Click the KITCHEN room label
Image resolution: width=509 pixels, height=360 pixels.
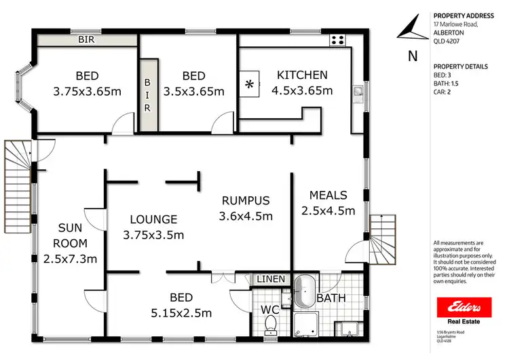tap(302, 75)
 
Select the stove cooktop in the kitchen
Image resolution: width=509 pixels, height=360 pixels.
tap(337, 40)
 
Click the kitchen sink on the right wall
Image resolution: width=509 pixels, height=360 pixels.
tap(357, 90)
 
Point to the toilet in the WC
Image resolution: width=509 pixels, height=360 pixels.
tap(271, 323)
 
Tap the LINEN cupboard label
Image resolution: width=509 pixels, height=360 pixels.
tap(271, 279)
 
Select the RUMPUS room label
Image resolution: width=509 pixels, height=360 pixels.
tap(245, 200)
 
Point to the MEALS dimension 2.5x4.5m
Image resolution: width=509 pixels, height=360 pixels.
tap(328, 211)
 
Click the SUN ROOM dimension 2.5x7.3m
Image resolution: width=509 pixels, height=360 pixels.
tap(70, 259)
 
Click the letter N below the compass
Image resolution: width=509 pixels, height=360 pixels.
tap(412, 56)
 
